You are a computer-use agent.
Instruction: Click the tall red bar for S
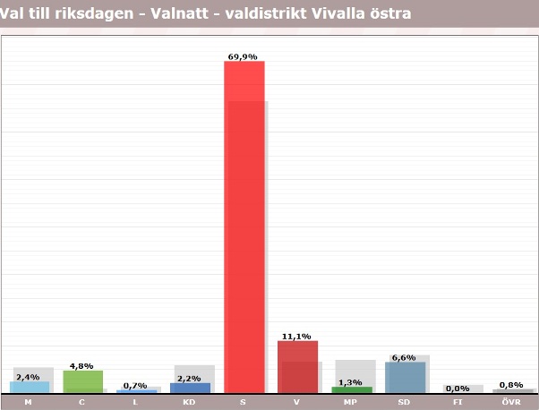[x=244, y=224]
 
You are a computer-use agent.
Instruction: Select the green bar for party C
[x=82, y=381]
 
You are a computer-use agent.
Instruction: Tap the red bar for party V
[x=297, y=367]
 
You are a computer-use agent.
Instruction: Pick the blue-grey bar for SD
[x=405, y=377]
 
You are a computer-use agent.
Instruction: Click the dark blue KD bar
[x=190, y=388]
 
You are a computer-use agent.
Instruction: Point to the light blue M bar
[x=29, y=387]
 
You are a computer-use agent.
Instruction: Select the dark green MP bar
[x=351, y=389]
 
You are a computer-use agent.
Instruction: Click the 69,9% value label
[x=243, y=56]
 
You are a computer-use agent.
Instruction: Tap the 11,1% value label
[x=296, y=337]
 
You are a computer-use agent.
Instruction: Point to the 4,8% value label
[x=81, y=366]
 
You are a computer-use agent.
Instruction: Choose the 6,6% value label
[x=404, y=357]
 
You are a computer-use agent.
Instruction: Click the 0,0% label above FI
[x=458, y=388]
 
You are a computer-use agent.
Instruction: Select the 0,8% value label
[x=511, y=385]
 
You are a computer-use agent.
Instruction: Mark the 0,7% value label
[x=135, y=386]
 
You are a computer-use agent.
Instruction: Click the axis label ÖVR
[x=512, y=403]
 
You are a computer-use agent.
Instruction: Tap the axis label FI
[x=458, y=403]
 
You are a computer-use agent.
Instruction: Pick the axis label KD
[x=190, y=403]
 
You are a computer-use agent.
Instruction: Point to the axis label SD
[x=405, y=403]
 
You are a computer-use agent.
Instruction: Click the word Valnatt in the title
[x=178, y=13]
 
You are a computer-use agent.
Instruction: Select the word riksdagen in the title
[x=98, y=13]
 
